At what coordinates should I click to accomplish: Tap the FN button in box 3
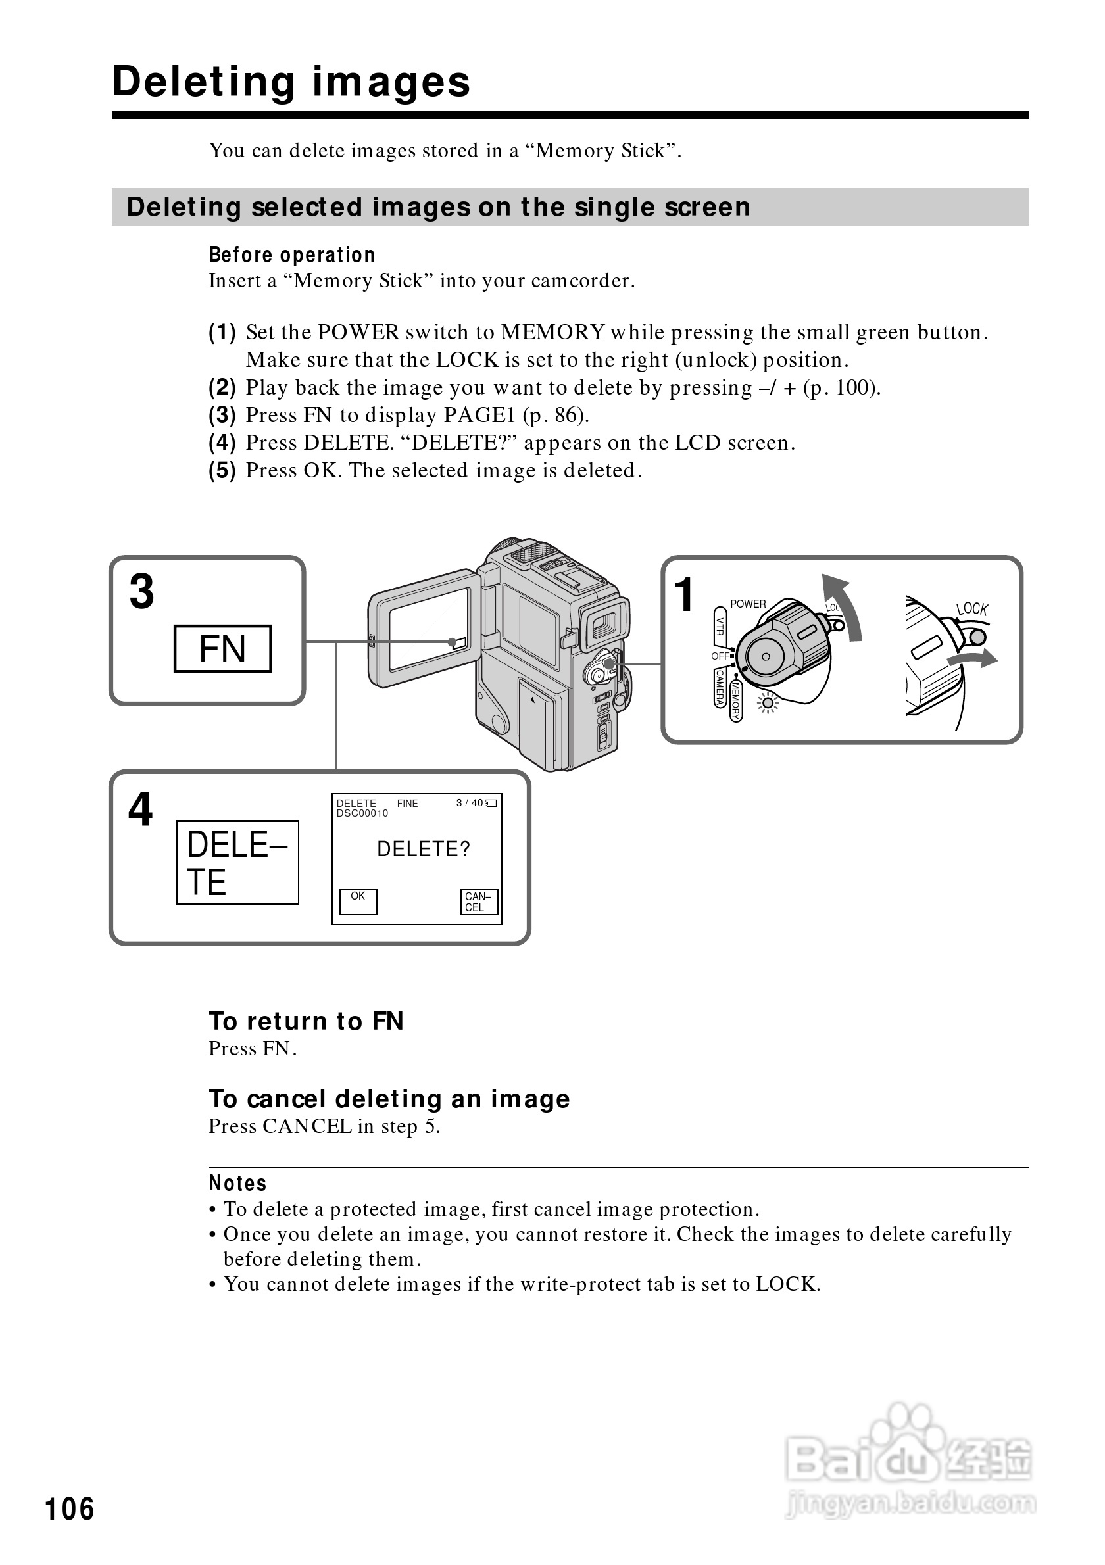(x=223, y=648)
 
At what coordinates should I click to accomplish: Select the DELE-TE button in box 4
(x=237, y=862)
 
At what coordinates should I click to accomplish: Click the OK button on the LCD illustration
(x=358, y=901)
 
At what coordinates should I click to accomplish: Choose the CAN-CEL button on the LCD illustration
(x=479, y=902)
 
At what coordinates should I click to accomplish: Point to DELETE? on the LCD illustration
(x=424, y=849)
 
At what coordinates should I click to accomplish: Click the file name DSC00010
(x=362, y=813)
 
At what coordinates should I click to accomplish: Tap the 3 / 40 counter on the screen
(x=470, y=803)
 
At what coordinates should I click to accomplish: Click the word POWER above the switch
(x=748, y=604)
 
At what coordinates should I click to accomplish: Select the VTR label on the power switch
(x=719, y=626)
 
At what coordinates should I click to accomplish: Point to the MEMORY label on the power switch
(x=735, y=701)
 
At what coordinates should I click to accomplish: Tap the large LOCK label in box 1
(x=971, y=609)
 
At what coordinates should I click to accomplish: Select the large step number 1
(x=685, y=594)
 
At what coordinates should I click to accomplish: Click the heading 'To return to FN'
(x=306, y=1021)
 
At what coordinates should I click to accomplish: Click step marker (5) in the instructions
(x=222, y=470)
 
